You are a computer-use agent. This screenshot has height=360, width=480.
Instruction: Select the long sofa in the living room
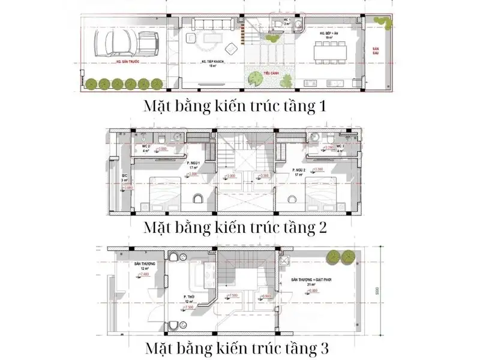(x=211, y=24)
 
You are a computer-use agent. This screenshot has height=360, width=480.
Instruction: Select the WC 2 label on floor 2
(x=145, y=146)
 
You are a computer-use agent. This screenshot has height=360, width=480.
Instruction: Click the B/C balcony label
(x=124, y=176)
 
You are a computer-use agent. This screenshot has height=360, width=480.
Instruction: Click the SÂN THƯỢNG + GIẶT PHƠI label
(x=312, y=280)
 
